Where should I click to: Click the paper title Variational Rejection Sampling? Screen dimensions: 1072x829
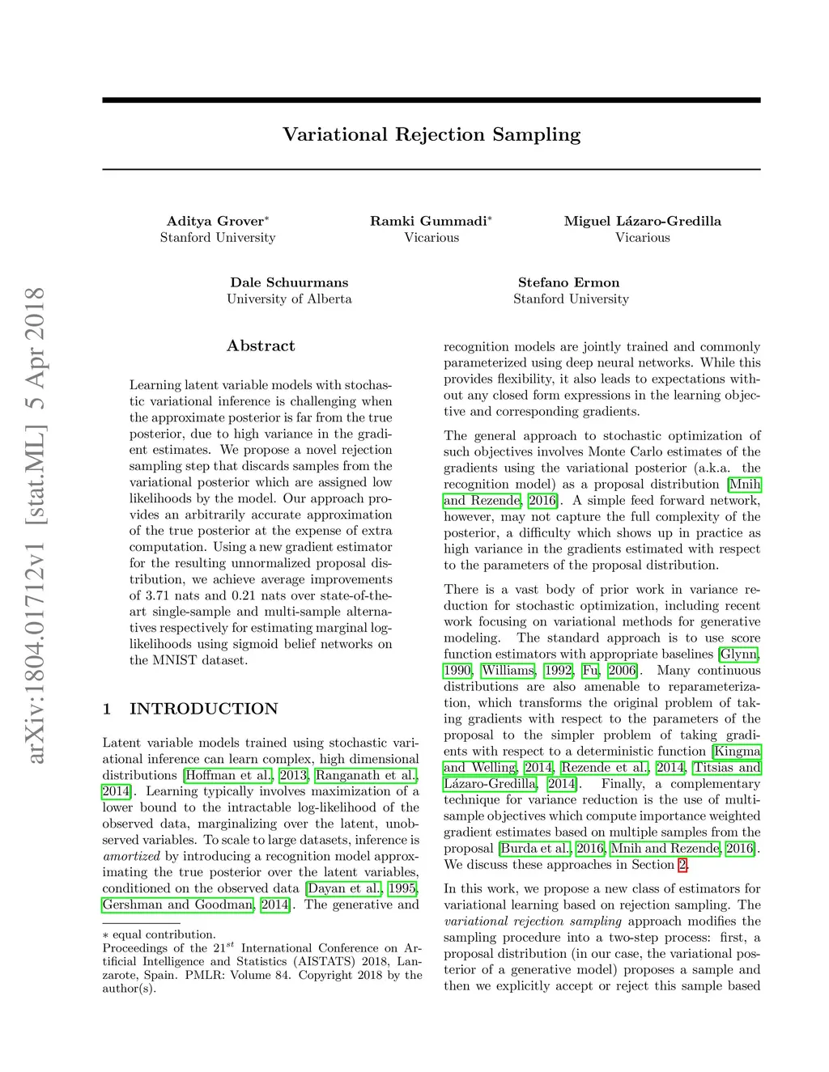click(432, 134)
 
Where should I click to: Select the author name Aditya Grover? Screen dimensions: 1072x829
click(215, 221)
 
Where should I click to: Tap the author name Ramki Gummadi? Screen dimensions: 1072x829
click(429, 221)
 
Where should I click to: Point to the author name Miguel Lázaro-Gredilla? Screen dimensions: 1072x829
click(642, 221)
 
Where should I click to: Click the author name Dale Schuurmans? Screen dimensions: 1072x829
click(289, 282)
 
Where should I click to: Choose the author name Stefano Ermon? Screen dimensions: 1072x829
click(568, 282)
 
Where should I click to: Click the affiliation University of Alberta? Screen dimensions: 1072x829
click(289, 299)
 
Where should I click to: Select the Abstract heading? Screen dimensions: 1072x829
click(261, 345)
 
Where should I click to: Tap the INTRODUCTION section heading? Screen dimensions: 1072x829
click(203, 709)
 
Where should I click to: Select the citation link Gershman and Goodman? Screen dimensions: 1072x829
click(178, 905)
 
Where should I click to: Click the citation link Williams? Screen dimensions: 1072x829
click(508, 670)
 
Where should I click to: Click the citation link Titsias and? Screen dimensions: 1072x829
click(726, 767)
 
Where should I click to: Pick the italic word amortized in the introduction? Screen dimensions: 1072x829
click(131, 856)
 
